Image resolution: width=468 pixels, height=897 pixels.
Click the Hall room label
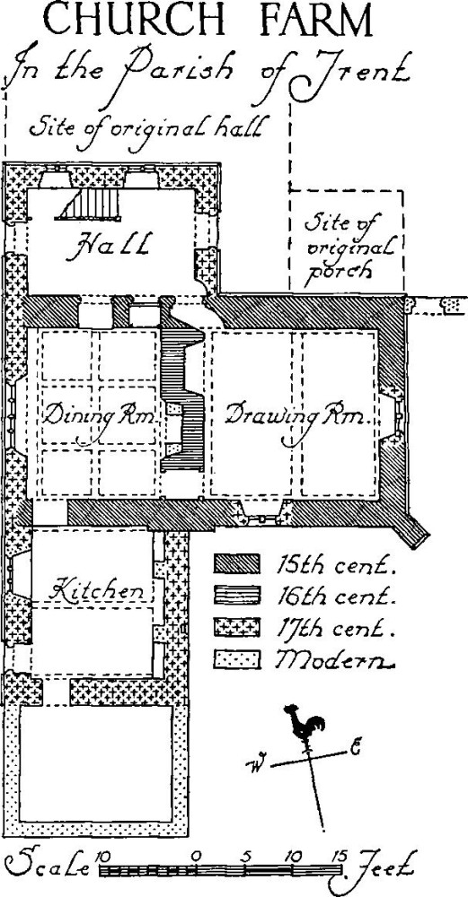[107, 246]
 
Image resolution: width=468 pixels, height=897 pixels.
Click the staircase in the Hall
[89, 205]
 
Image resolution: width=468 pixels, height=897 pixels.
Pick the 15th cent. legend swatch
[237, 563]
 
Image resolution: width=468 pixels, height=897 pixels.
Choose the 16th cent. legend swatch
[237, 596]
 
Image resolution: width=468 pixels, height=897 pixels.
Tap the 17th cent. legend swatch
[237, 628]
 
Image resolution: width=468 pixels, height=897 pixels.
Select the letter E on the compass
[355, 748]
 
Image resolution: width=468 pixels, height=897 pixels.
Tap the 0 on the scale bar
[196, 856]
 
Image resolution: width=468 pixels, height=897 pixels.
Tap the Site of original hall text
[146, 127]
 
